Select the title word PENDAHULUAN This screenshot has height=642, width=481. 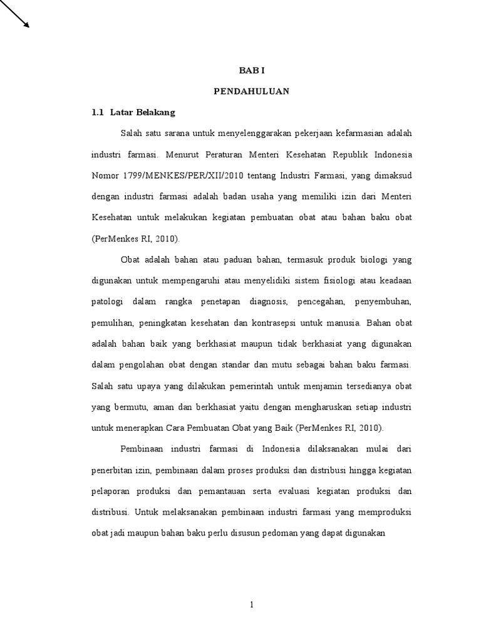pos(251,91)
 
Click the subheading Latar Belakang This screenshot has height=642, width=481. pos(143,113)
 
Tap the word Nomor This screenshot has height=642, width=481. pos(106,175)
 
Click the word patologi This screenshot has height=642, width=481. pos(108,302)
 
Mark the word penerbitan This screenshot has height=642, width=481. pos(113,470)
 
